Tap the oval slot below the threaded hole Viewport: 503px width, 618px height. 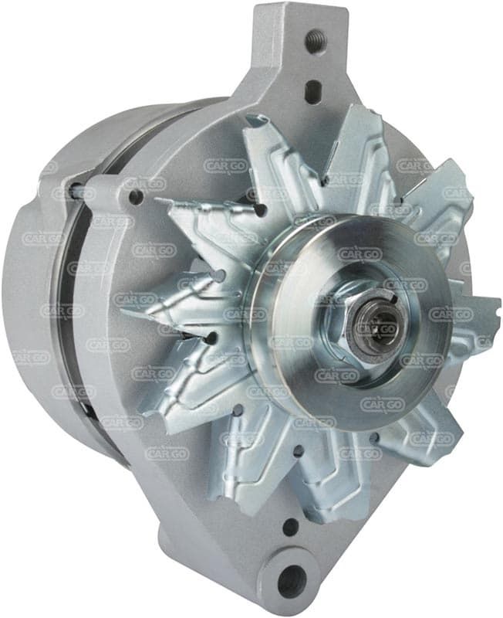pyautogui.click(x=313, y=92)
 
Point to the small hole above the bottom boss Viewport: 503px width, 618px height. pyautogui.click(x=291, y=526)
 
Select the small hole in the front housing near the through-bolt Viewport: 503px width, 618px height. pyautogui.click(x=137, y=195)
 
